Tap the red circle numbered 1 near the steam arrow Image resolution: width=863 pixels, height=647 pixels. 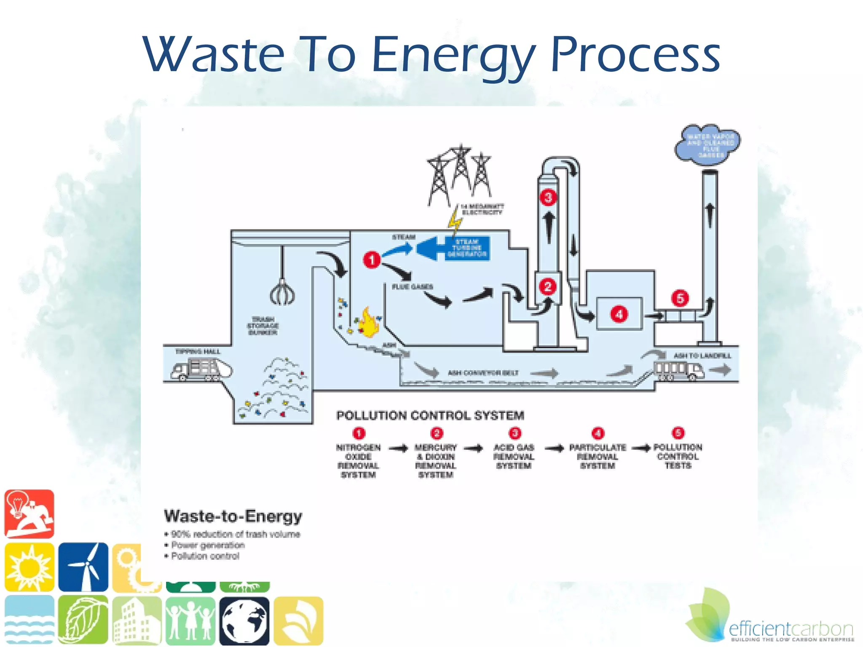coord(372,259)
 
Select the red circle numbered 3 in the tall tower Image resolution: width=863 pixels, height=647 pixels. coord(548,197)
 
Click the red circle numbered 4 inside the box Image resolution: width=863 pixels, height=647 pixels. coord(619,314)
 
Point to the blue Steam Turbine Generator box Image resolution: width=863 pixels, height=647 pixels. coord(467,248)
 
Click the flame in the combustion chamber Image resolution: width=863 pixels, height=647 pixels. coord(368,323)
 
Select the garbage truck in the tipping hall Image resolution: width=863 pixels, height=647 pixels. coord(201,369)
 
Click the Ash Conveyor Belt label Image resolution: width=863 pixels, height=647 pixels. coord(483,373)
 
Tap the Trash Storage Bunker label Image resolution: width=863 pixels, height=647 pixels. coord(263,326)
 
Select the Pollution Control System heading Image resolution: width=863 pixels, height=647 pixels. coord(430,416)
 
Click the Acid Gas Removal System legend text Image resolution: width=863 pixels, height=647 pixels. coord(514,457)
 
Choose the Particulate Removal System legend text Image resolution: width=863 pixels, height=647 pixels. coord(598,457)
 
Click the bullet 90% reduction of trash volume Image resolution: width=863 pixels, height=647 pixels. coord(235,535)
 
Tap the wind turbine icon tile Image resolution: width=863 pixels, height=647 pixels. coord(83,567)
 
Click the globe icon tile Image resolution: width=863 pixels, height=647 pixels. coord(244,621)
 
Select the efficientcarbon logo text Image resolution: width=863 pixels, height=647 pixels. coord(791,629)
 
